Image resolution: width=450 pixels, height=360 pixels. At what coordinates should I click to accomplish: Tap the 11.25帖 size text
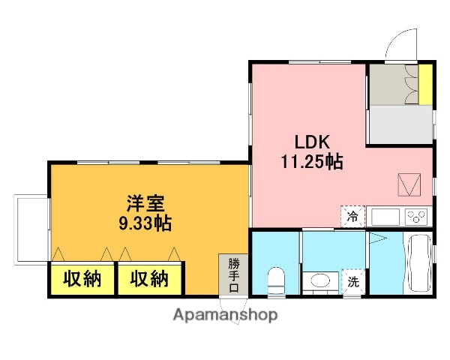click(312, 161)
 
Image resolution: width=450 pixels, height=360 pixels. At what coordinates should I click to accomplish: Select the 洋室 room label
click(141, 203)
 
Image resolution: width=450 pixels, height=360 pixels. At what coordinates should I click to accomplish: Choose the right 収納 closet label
click(149, 279)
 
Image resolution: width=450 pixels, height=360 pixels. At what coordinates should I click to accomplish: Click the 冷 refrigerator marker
click(352, 216)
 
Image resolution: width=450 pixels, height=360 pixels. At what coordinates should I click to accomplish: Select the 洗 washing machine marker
click(352, 282)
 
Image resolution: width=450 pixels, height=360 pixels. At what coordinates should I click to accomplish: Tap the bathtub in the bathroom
click(418, 264)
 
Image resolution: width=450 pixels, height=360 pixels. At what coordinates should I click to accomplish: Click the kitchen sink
click(386, 217)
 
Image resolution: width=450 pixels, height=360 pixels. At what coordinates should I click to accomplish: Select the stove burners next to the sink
click(416, 217)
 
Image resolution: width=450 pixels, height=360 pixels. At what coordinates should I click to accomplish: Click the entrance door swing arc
click(400, 43)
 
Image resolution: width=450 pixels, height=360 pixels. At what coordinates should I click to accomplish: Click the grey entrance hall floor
click(400, 124)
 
